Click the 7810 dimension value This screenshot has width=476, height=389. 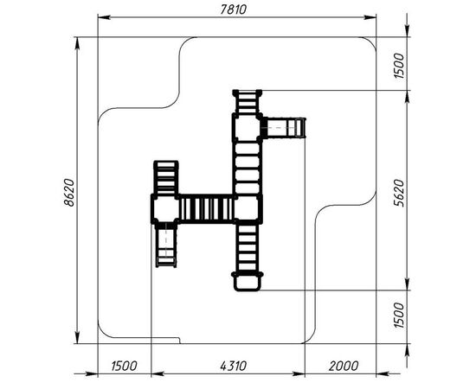click(x=233, y=10)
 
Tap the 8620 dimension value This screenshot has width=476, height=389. click(x=69, y=193)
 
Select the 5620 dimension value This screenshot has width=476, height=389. click(x=399, y=193)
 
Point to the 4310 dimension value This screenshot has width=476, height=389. click(x=233, y=366)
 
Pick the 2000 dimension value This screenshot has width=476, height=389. click(x=344, y=366)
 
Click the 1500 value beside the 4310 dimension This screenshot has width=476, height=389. click(x=124, y=366)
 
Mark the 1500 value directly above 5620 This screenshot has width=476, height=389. click(x=399, y=66)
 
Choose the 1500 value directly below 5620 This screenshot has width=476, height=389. click(x=399, y=315)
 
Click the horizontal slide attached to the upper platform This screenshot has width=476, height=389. click(x=284, y=128)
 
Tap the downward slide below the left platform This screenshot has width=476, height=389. click(x=166, y=246)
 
